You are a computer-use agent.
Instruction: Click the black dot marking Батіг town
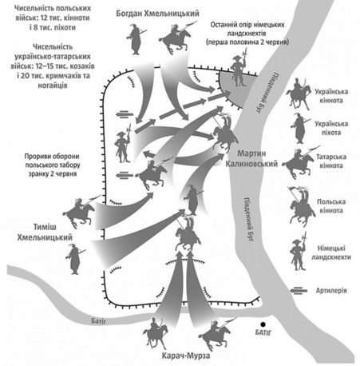tap(263, 324)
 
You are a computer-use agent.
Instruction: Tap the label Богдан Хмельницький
tap(157, 14)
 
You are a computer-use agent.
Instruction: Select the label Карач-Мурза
tap(186, 356)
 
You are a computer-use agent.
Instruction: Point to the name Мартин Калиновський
tap(251, 158)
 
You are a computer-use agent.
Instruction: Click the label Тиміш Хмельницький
tap(45, 232)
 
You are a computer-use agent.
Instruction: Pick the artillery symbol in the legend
tap(299, 290)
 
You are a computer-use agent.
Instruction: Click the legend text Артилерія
tap(331, 290)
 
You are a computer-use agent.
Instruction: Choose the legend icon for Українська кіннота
tap(299, 94)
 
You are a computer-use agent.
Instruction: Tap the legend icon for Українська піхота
tap(300, 129)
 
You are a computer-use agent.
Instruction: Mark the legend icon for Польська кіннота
tap(301, 206)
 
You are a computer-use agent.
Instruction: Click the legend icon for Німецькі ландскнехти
tap(299, 252)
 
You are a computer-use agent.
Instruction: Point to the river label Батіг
tap(98, 321)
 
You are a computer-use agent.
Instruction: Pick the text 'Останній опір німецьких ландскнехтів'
tap(247, 29)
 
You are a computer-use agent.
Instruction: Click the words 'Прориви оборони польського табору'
tap(53, 161)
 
